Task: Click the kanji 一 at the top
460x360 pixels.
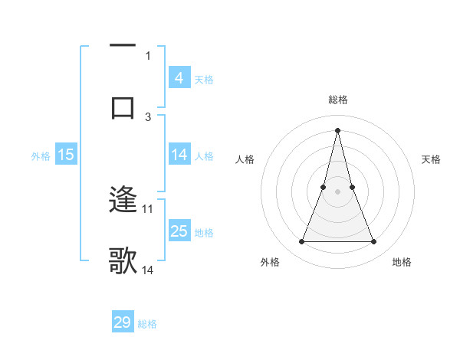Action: pos(123,47)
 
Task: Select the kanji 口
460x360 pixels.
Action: pos(123,108)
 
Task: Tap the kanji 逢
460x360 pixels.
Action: pos(123,201)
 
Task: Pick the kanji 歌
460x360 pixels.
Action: pos(123,261)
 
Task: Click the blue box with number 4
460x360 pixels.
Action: pos(179,78)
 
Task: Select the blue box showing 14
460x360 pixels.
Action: pos(179,155)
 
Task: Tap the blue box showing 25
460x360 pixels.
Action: pos(179,231)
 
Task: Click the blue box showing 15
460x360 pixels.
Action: pos(65,155)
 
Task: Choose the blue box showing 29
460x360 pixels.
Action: pos(123,322)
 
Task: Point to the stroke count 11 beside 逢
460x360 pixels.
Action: pos(148,208)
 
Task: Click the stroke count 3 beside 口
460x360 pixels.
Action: pos(148,116)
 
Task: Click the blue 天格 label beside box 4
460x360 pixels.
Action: pos(204,80)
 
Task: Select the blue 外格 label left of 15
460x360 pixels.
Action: pos(41,156)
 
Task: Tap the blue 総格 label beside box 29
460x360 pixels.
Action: pos(147,324)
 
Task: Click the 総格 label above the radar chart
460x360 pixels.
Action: pos(337,100)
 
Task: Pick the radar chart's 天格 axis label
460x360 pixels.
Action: pos(432,159)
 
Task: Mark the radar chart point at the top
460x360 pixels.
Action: pos(337,129)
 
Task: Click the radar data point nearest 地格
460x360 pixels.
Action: pos(374,242)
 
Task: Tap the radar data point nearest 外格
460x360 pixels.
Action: pos(301,242)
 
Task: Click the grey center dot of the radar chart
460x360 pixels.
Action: pos(337,191)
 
